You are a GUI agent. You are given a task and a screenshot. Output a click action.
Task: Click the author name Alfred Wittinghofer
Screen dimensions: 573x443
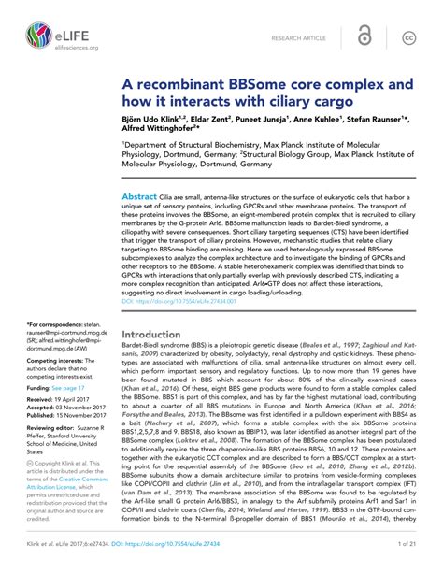[x=164, y=132]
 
